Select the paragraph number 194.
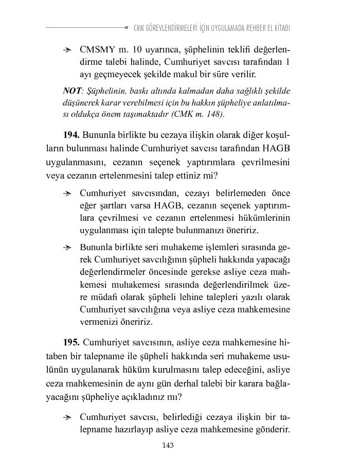tap(71, 135)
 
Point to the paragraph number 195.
tap(71, 342)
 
